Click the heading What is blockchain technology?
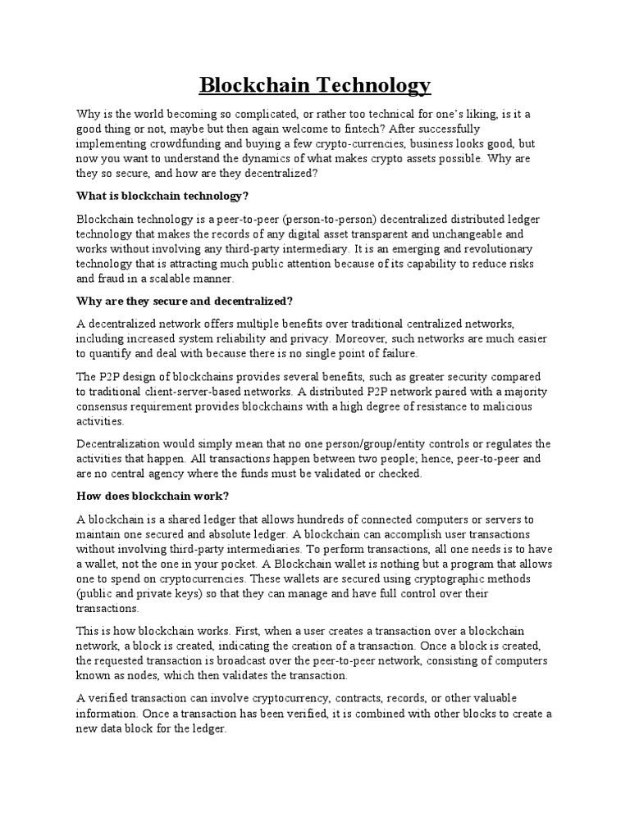pyautogui.click(x=162, y=197)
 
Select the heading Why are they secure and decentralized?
pyautogui.click(x=185, y=302)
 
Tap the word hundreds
pyautogui.click(x=332, y=519)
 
